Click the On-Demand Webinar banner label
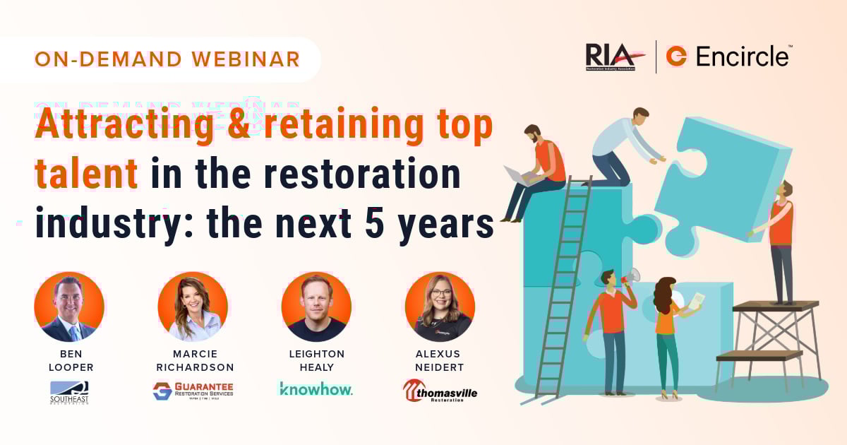coord(167,59)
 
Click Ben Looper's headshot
coord(69,307)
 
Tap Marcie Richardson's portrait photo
coord(193,307)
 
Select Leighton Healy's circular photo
coord(316,307)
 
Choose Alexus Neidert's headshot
coord(440,307)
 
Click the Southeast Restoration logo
coord(69,392)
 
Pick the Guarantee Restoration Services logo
coord(193,391)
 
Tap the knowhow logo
coord(316,388)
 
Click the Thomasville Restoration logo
coord(440,391)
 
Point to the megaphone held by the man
coord(631,275)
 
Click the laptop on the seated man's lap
coord(517,175)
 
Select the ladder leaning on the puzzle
coord(565,283)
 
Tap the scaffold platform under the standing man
coord(775,306)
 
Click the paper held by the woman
coord(695,301)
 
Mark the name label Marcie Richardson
coord(193,361)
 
